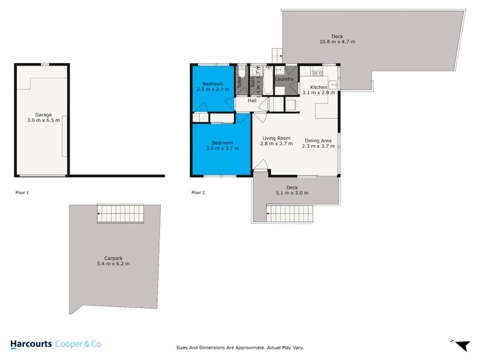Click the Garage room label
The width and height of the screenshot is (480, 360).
(43, 114)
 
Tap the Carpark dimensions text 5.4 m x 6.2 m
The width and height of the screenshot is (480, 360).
(113, 263)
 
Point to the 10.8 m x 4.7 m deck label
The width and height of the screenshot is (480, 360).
(337, 42)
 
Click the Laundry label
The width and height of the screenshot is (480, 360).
(284, 79)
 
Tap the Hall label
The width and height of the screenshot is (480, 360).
(253, 101)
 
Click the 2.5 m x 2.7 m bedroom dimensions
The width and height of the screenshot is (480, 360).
(212, 89)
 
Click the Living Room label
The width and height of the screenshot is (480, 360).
(276, 139)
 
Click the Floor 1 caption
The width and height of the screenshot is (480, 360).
(22, 193)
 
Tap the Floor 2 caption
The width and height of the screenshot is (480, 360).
(198, 193)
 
